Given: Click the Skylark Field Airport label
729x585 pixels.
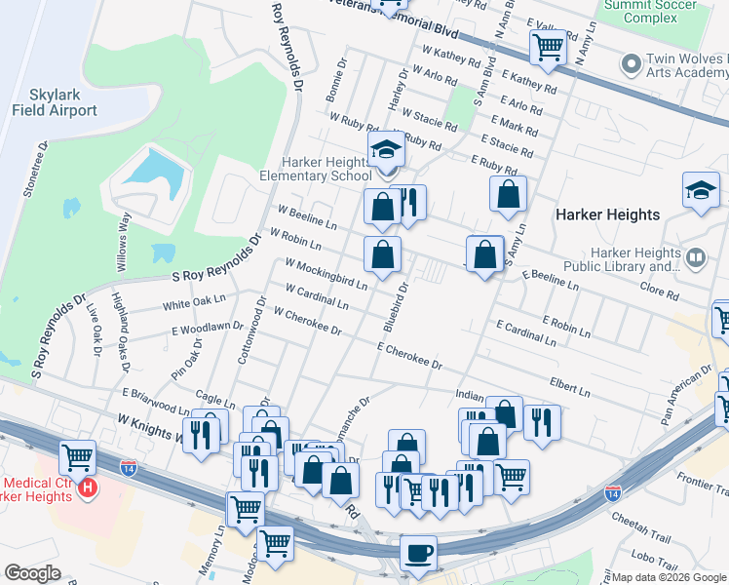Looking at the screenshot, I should click(55, 102).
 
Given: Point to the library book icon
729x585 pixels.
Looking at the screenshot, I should click(696, 257).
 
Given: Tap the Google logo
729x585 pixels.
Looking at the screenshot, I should click(33, 573).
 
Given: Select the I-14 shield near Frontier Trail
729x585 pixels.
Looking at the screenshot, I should click(613, 492).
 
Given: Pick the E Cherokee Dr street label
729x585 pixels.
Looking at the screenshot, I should click(409, 356).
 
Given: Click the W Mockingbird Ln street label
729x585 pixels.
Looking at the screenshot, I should click(326, 274).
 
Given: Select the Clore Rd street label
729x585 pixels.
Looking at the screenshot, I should click(659, 292).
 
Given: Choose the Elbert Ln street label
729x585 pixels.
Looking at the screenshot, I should click(569, 388).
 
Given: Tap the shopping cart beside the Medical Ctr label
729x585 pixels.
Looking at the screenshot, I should click(77, 456).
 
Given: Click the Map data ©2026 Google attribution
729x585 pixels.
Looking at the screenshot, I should click(668, 576).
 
